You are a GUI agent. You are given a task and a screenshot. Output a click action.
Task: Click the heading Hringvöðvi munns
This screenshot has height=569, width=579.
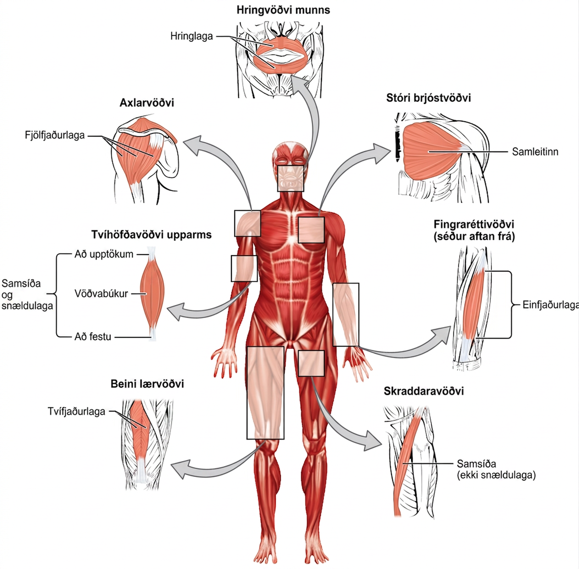283,10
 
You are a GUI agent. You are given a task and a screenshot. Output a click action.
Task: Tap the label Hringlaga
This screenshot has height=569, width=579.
191,37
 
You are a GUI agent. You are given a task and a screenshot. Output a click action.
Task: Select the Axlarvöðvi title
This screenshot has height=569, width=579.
146,103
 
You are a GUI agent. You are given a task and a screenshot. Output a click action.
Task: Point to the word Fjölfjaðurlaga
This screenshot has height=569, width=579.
55,136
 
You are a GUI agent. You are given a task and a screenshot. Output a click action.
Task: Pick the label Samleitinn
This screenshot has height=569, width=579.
535,152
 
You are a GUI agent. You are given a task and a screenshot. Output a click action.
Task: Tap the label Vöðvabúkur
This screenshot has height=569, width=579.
101,293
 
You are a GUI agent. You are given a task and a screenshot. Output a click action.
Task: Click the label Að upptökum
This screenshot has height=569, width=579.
104,254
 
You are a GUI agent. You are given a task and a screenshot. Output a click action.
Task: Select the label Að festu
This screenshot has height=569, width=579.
93,337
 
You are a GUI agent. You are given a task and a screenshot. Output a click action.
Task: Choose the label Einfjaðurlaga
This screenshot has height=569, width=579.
551,305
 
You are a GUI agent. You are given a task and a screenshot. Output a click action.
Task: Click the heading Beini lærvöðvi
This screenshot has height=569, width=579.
147,384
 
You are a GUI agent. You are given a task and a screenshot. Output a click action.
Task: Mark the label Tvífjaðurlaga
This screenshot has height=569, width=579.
77,412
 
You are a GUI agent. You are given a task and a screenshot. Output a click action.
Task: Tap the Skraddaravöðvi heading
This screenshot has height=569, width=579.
424,391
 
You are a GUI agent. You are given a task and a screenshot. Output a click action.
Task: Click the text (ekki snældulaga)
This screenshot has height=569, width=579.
496,475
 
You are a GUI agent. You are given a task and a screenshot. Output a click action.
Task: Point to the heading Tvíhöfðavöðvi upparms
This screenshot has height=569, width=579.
151,235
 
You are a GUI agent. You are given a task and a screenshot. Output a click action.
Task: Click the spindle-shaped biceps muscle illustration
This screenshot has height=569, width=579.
152,294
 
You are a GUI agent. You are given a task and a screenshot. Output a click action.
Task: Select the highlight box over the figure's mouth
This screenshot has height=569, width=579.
290,178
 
